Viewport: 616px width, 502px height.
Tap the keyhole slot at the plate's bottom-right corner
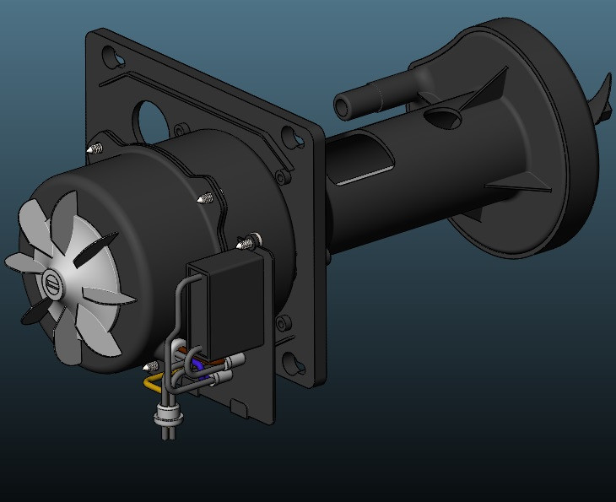[x=293, y=363]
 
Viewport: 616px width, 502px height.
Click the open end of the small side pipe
[x=344, y=107]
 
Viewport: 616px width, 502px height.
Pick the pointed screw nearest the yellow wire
[x=150, y=366]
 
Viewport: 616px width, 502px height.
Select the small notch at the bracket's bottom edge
[x=239, y=409]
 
